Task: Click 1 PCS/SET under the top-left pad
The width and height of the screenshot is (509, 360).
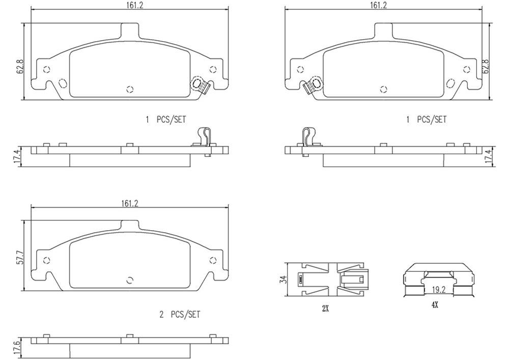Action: pos(166,120)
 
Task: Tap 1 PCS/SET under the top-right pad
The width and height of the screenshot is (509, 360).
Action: pos(427,120)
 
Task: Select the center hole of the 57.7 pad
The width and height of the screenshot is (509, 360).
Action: pos(129,280)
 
